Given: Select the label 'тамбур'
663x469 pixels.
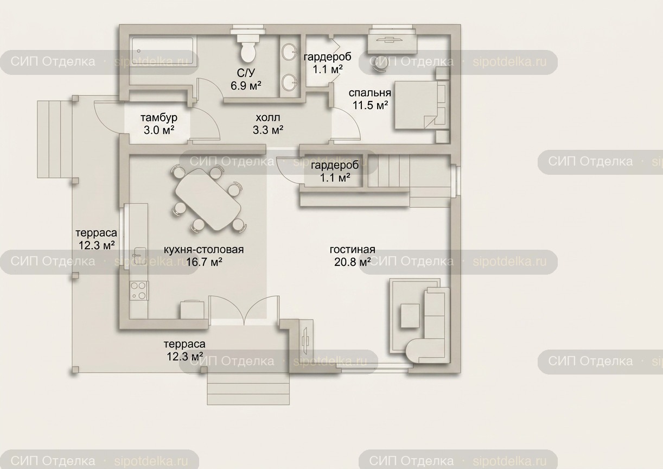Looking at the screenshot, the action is pos(159,118).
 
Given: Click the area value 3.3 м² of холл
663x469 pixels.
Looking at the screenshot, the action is pos(268,130).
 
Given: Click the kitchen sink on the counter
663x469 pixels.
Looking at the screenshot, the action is pos(139,256).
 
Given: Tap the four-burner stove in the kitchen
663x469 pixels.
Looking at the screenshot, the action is pos(139,291).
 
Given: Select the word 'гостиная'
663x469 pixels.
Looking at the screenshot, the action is pos(352,250).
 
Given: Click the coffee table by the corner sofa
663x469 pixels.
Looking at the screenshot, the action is pos(410,315).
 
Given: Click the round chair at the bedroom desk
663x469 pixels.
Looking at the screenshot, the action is pos(379,68).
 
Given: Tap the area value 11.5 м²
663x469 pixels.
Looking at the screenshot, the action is pos(370,105).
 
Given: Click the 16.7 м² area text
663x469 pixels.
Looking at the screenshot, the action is pos(204,262).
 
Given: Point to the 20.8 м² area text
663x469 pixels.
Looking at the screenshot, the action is pos(353,262).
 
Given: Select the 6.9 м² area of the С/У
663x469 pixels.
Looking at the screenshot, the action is pos(246,86).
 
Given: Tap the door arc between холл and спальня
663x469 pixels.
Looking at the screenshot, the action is pos(350,118).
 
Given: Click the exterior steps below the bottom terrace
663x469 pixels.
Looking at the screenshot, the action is pos(248,389).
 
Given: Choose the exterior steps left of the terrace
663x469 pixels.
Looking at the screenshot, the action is pos(55,139).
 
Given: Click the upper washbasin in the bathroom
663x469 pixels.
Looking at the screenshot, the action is pos(289,52).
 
